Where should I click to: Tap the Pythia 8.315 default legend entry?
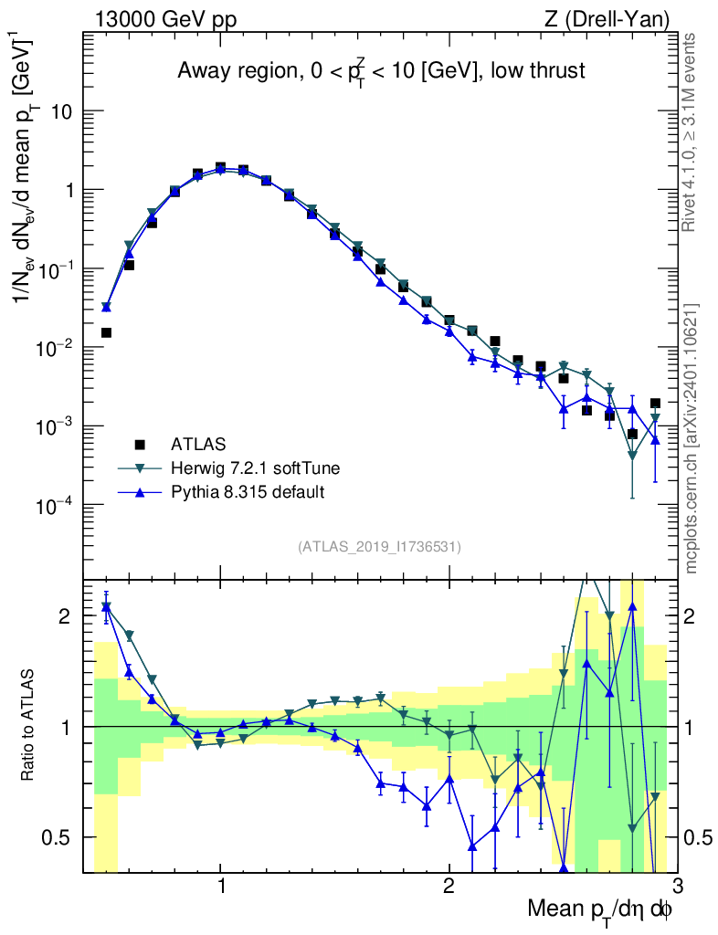coord(248,492)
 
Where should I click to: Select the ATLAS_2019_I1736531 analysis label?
coord(379,547)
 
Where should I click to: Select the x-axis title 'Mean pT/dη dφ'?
coord(599,910)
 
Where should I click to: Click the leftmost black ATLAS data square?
coord(106,332)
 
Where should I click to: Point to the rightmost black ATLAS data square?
coord(655,403)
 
